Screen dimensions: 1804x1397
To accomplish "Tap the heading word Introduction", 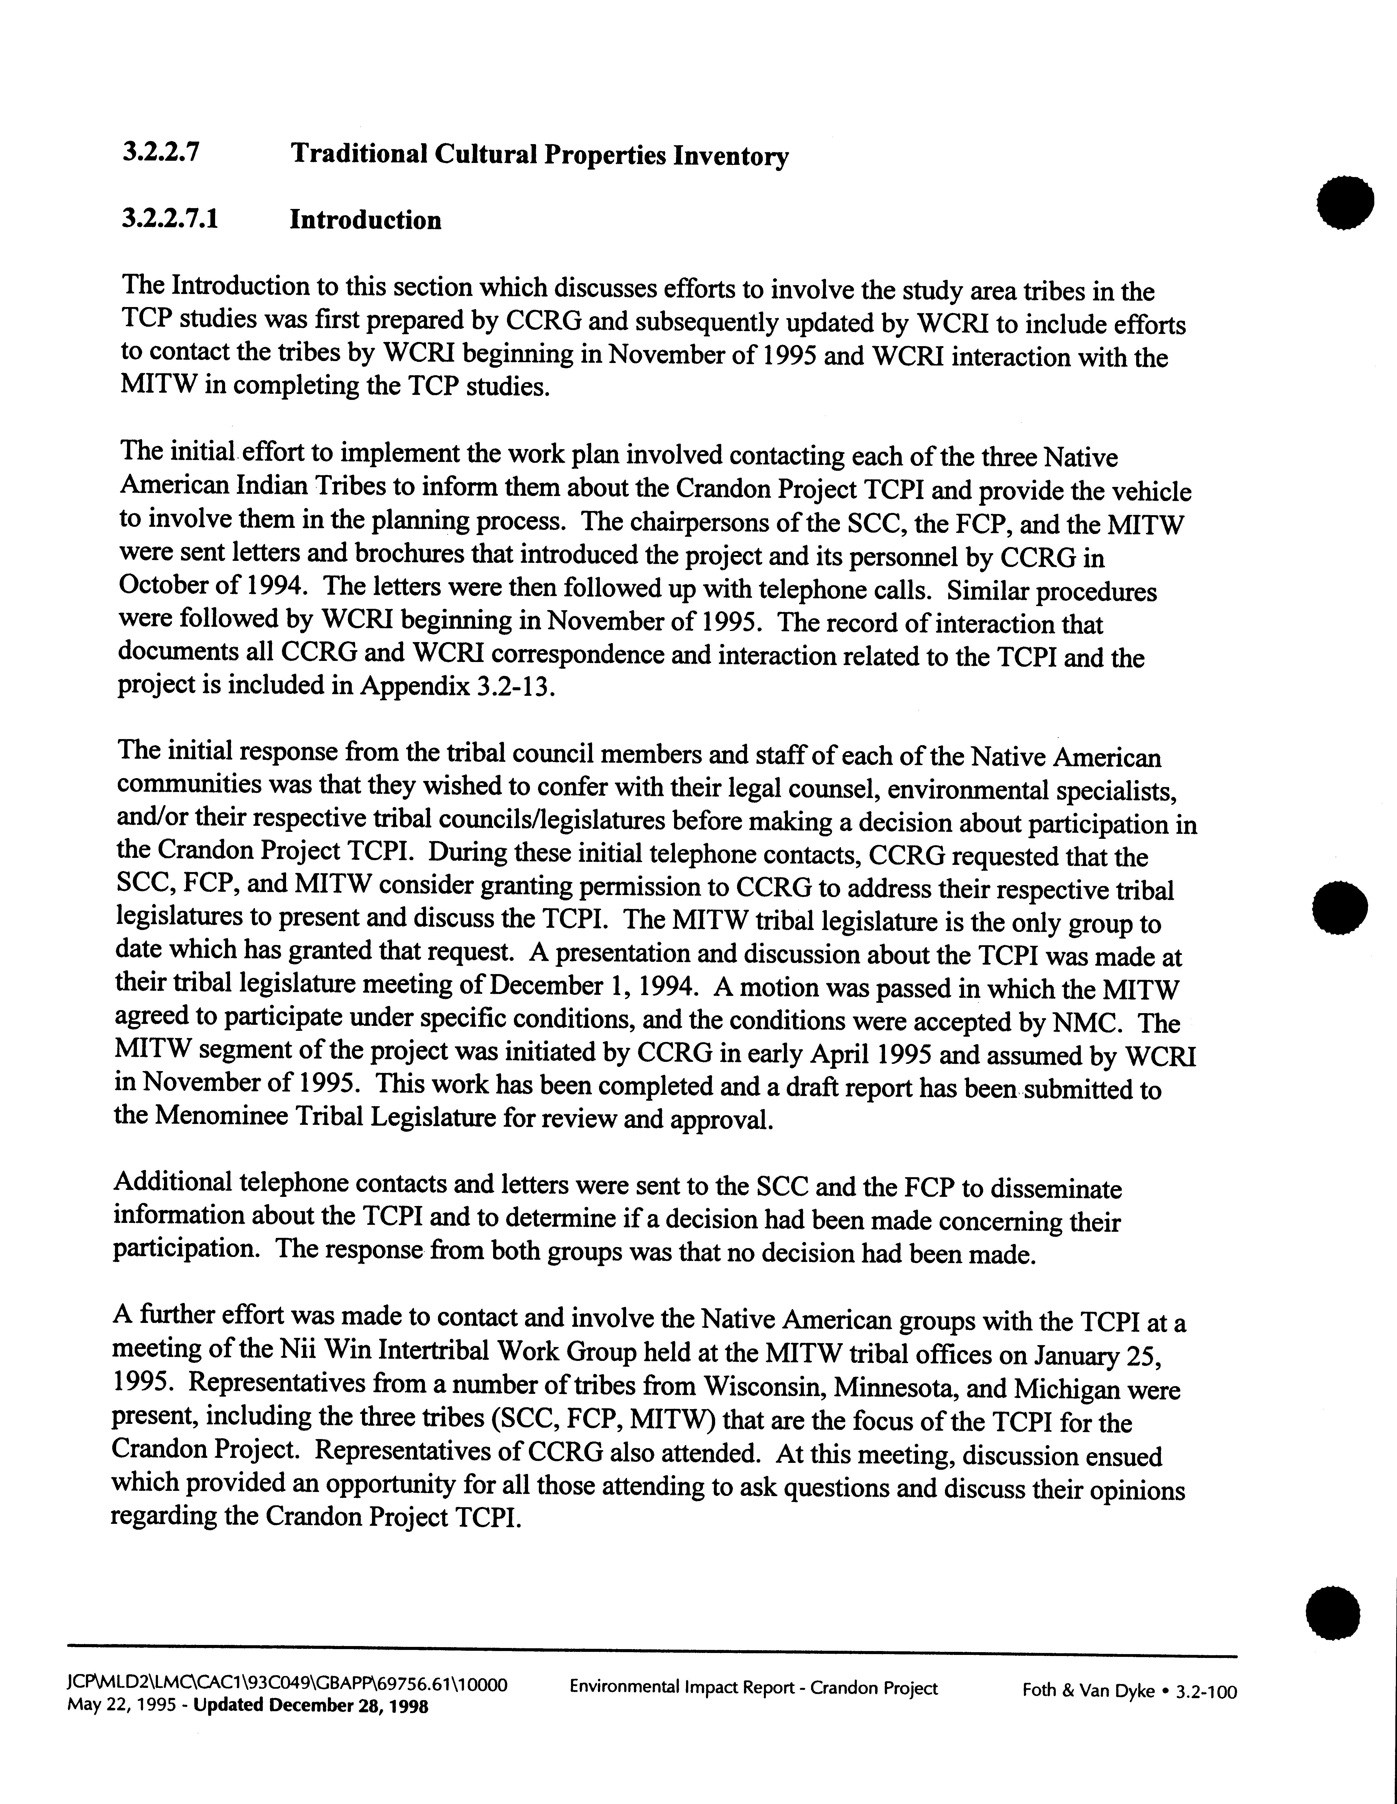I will (x=365, y=221).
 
